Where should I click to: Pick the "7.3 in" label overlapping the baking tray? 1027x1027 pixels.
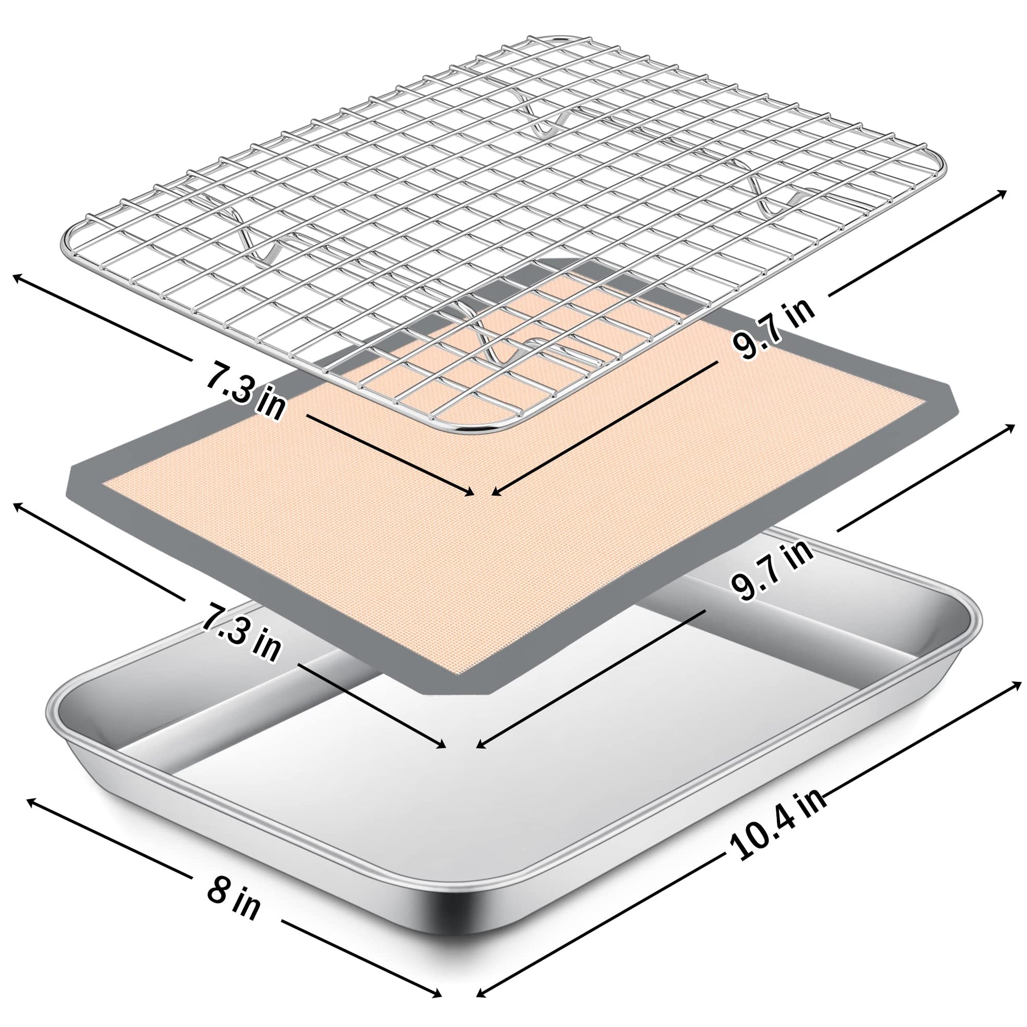click(x=240, y=633)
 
